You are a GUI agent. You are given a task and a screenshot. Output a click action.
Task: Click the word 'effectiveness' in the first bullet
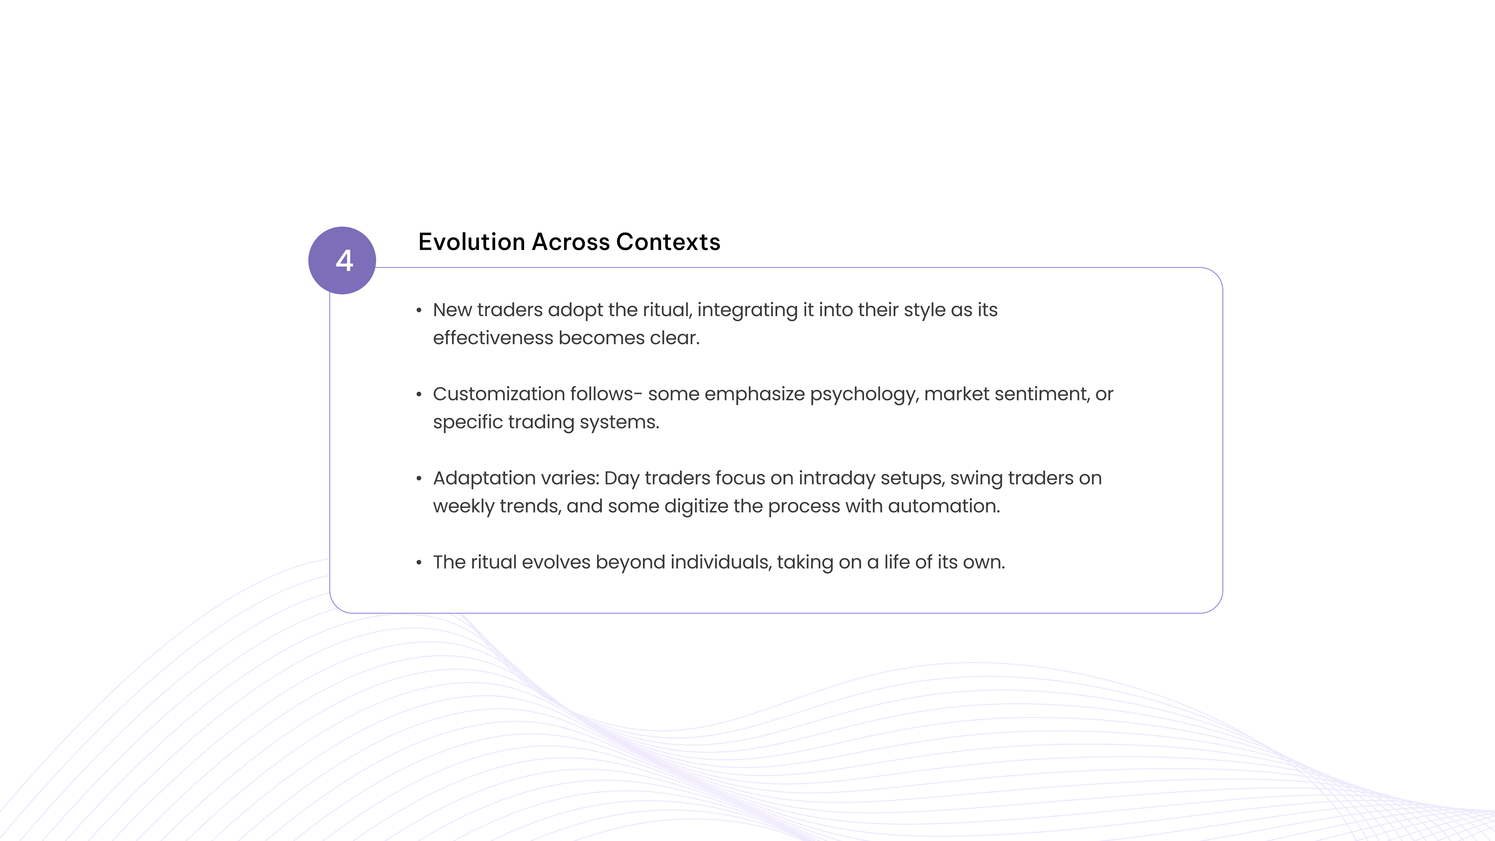tap(493, 338)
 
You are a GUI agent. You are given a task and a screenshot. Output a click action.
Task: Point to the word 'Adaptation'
tap(484, 478)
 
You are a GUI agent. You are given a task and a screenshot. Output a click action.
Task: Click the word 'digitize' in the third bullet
tap(696, 506)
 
